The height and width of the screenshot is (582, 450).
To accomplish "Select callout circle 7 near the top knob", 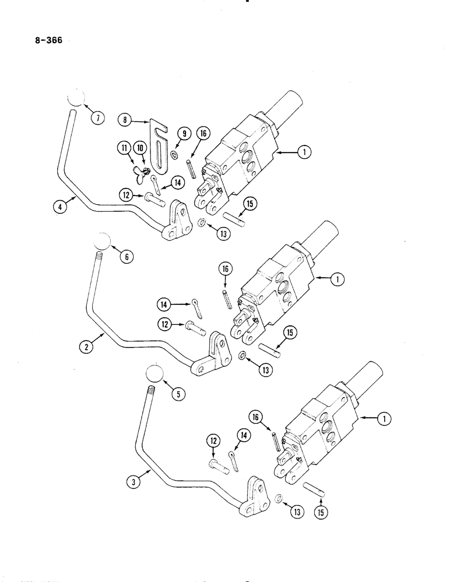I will pyautogui.click(x=97, y=118).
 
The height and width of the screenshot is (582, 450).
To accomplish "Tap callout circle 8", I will pyautogui.click(x=124, y=120).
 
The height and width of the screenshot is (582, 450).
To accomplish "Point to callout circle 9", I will pyautogui.click(x=182, y=134).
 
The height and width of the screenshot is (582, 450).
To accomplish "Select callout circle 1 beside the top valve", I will pyautogui.click(x=303, y=152).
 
